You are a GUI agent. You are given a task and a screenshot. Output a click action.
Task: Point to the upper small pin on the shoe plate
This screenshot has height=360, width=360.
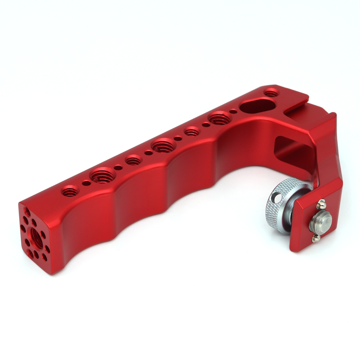[x=321, y=204]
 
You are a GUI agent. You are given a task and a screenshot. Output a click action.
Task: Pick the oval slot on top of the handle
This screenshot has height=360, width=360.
[x=258, y=106]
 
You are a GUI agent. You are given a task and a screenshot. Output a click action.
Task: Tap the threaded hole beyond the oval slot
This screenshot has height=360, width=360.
[x=271, y=92]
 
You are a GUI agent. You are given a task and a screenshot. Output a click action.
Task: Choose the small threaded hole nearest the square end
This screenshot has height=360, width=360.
[x=70, y=191]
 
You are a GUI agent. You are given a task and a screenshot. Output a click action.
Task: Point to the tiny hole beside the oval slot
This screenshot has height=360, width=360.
[x=233, y=111]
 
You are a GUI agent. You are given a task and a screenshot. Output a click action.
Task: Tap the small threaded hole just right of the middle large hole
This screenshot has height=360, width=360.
[x=192, y=131]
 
